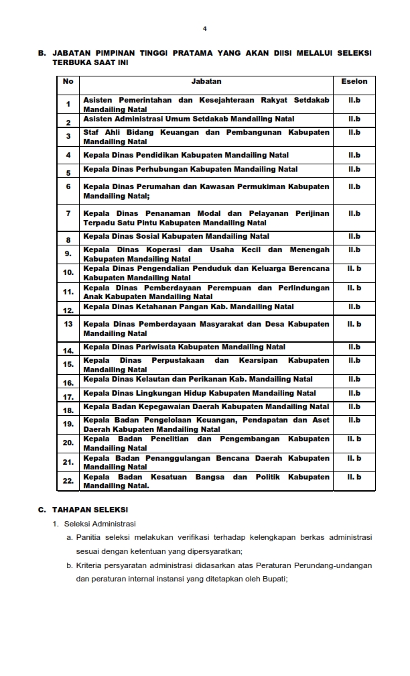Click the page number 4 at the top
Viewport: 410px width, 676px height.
point(205,29)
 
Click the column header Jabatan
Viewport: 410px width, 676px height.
point(206,81)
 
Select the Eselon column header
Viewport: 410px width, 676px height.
point(354,81)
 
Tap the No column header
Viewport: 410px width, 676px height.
point(68,81)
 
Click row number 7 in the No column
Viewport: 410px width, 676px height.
point(68,213)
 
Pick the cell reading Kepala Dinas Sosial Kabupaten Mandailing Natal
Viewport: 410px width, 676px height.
point(176,236)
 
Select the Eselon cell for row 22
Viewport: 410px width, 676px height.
point(354,477)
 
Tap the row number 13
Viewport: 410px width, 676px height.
point(68,324)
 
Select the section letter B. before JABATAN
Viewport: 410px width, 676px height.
point(42,52)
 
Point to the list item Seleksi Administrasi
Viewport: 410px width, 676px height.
point(100,523)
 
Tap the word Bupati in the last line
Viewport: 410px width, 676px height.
point(275,579)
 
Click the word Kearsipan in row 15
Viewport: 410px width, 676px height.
point(259,360)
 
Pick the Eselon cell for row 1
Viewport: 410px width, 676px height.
point(354,100)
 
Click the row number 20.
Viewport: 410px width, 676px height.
point(68,443)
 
